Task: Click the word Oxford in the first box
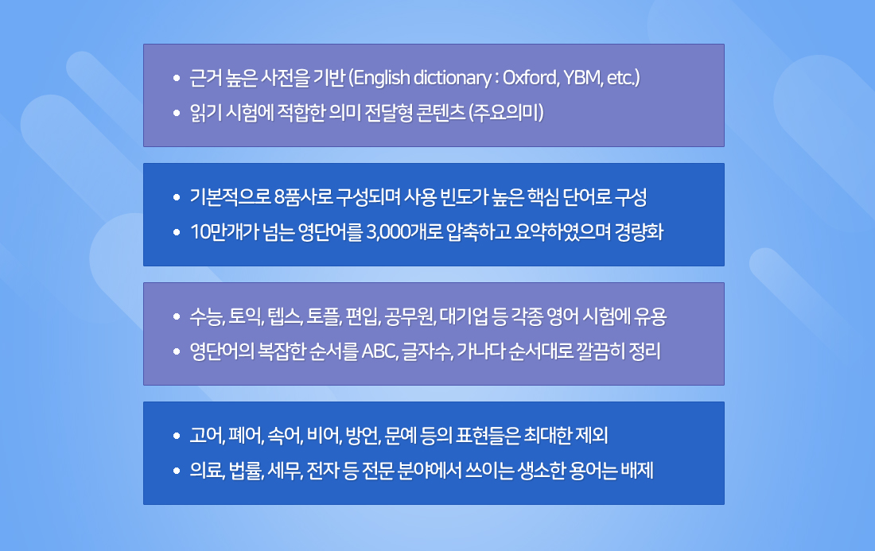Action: coord(530,77)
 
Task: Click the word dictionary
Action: coord(452,78)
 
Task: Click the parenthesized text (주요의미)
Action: coord(506,113)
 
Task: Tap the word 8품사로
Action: coord(303,197)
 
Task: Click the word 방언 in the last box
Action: coord(363,436)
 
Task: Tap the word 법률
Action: coord(246,471)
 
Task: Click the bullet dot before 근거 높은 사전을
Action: coord(177,78)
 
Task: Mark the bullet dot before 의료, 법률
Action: coord(177,471)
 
